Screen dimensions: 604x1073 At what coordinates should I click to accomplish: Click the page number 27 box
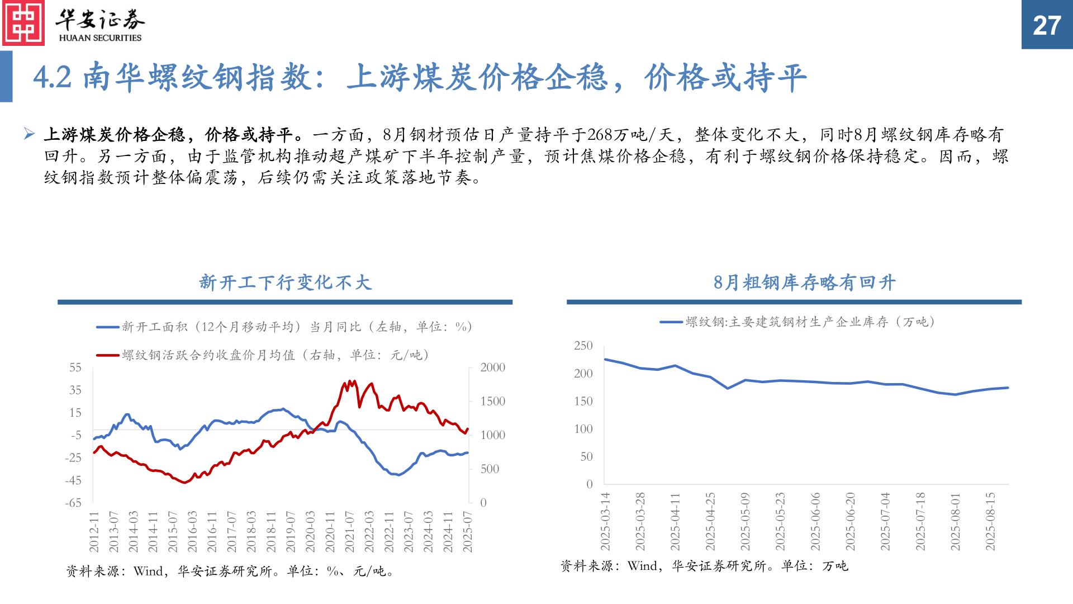click(1047, 25)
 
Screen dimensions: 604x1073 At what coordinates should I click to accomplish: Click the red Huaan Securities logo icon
click(23, 23)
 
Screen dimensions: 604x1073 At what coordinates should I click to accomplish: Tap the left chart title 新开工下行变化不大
click(285, 282)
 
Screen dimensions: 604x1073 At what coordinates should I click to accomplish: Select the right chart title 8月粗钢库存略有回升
click(804, 282)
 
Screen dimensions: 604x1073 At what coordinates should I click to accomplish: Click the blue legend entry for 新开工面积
click(284, 327)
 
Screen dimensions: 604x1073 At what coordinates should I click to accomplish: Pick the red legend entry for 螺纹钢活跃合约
click(263, 355)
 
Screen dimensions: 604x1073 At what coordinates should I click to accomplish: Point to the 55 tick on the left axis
click(75, 367)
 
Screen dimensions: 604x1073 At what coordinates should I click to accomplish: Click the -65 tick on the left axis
click(73, 503)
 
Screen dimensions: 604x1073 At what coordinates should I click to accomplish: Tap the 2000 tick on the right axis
click(492, 367)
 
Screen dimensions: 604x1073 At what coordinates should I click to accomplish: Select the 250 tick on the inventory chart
click(583, 346)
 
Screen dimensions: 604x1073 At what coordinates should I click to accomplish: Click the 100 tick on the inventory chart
click(583, 429)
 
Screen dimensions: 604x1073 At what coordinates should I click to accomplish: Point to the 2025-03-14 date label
click(605, 521)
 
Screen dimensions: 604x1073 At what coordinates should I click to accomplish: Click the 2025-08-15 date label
click(990, 521)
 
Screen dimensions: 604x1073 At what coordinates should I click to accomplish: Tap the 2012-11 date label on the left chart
click(94, 531)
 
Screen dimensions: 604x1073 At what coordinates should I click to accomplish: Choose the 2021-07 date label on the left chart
click(349, 531)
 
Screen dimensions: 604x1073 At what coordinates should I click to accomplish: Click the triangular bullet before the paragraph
click(30, 134)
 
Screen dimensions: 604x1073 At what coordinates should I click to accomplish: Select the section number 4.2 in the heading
click(53, 77)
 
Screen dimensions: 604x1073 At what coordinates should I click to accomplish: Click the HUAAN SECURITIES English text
click(101, 38)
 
